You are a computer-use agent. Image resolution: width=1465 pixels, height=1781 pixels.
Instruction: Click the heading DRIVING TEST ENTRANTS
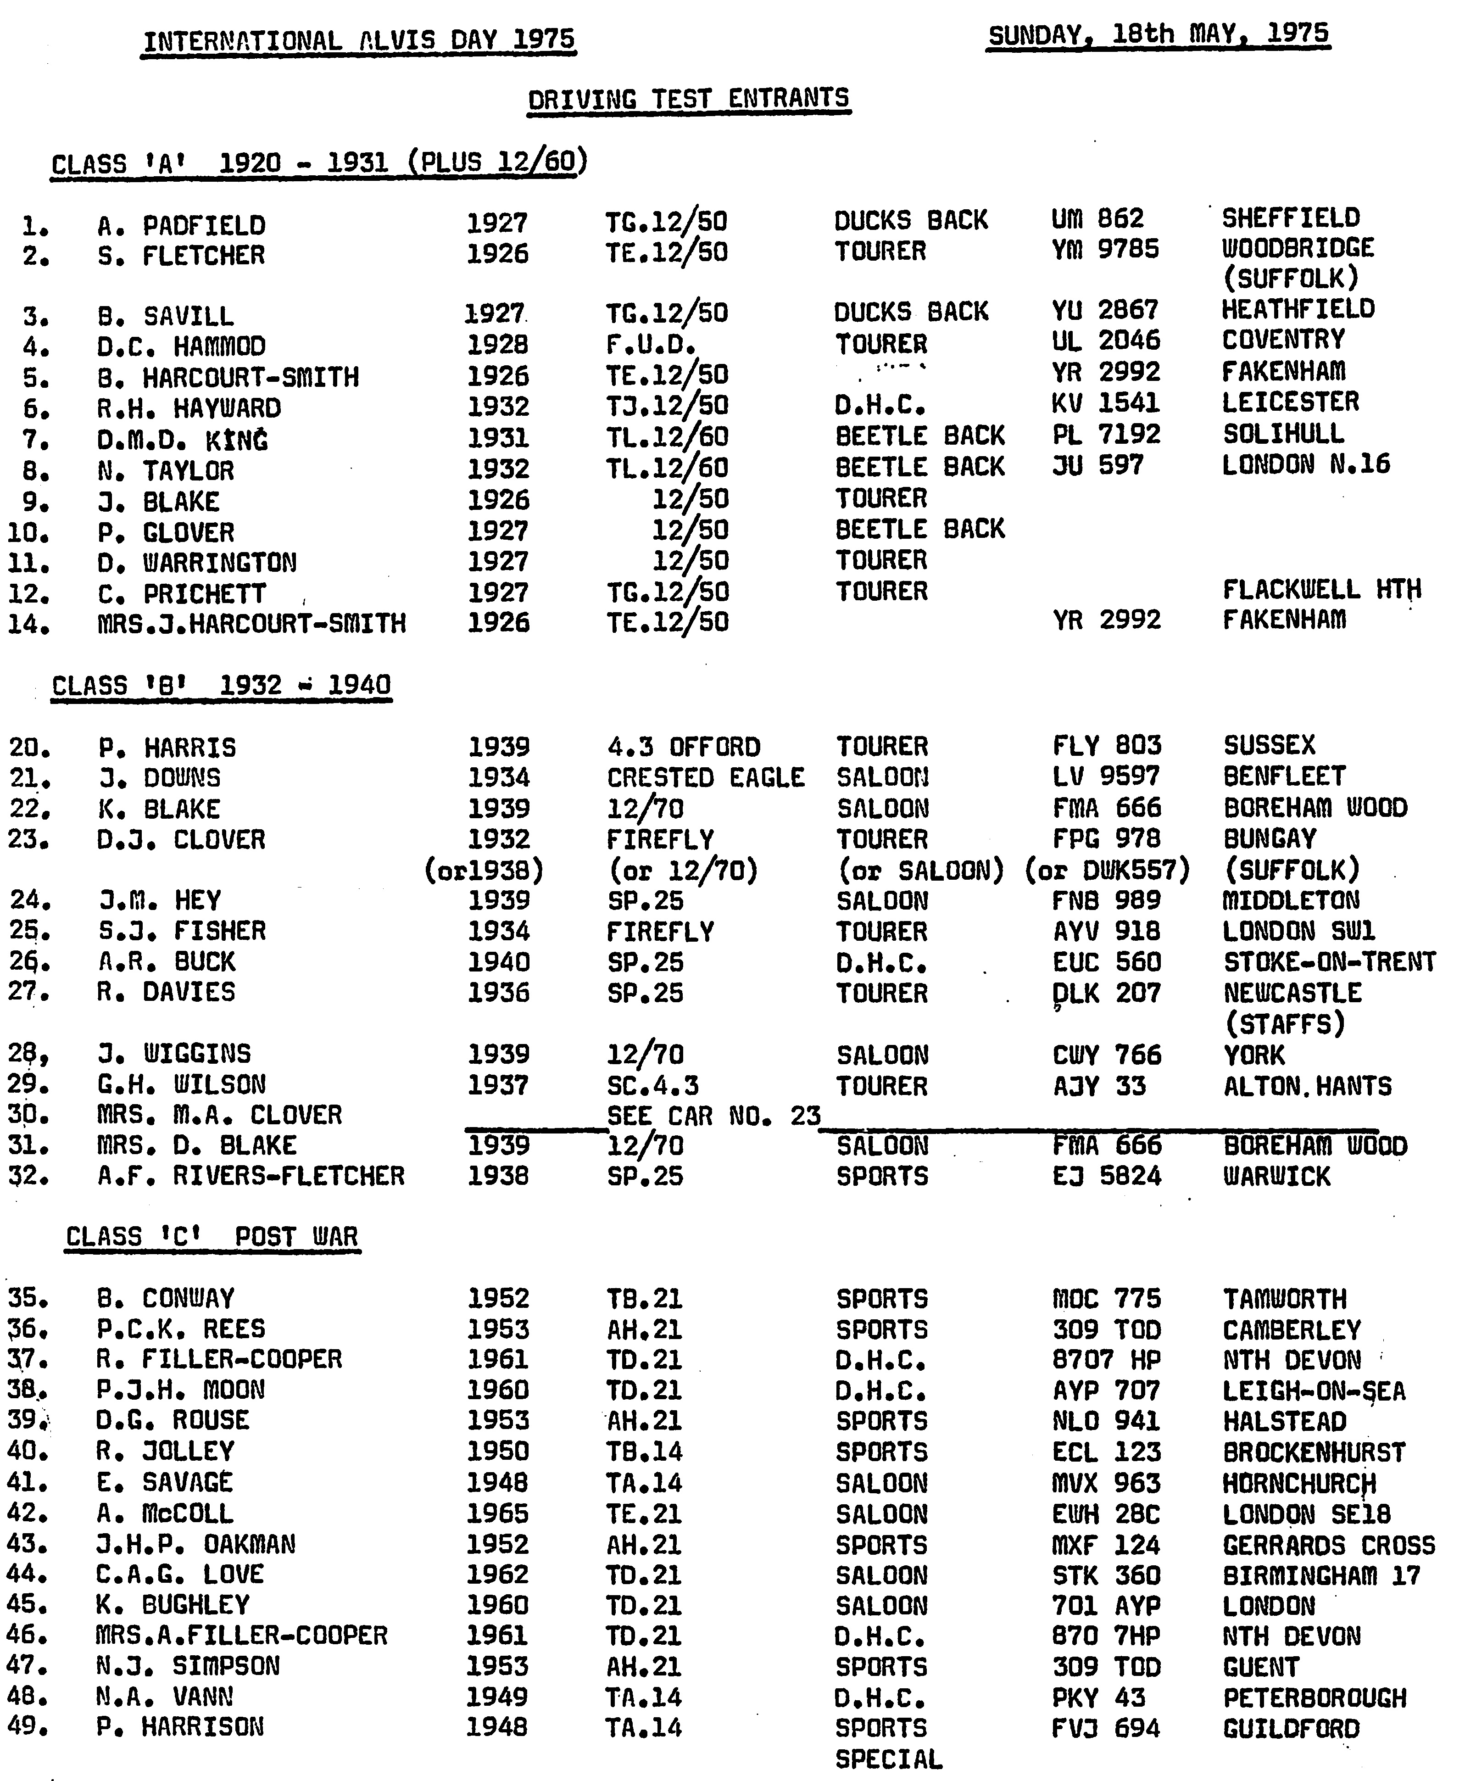[x=689, y=99]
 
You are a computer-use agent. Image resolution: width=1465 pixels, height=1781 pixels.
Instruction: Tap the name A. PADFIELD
[x=181, y=225]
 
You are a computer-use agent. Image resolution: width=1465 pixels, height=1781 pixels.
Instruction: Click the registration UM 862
[x=1097, y=218]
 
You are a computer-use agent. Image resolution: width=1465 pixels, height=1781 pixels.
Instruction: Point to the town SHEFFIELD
[x=1290, y=218]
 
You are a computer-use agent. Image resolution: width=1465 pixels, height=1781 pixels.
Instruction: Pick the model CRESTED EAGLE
[x=706, y=776]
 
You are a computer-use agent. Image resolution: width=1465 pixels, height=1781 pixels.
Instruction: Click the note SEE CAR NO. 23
[x=713, y=1116]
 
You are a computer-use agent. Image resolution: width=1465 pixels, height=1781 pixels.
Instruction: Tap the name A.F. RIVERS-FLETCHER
[x=251, y=1176]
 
